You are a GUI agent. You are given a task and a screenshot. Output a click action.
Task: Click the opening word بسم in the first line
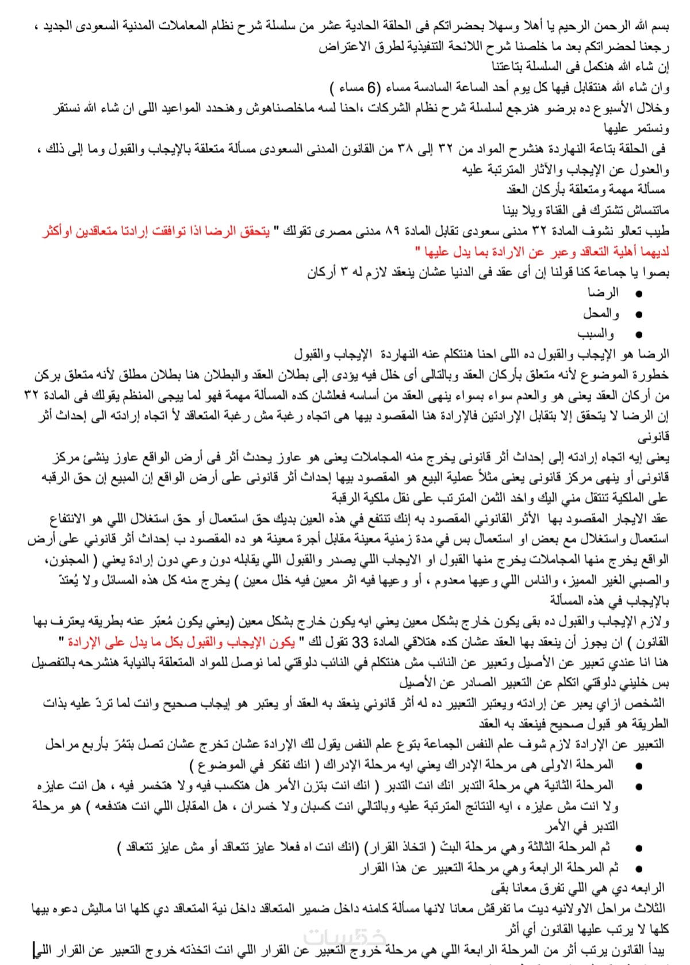pyautogui.click(x=660, y=26)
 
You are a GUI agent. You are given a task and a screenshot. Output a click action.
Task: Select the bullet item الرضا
pyautogui.click(x=603, y=293)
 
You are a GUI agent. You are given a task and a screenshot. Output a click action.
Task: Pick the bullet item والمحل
pyautogui.click(x=601, y=314)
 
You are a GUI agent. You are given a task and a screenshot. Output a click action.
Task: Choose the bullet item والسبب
pyautogui.click(x=596, y=334)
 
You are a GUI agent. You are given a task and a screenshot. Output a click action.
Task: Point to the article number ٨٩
pyautogui.click(x=392, y=231)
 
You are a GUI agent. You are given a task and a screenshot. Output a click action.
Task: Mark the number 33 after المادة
pyautogui.click(x=360, y=642)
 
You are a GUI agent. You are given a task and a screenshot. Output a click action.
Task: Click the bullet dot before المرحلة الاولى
pyautogui.click(x=639, y=766)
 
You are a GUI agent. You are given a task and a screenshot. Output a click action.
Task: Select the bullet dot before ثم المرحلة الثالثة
pyautogui.click(x=639, y=849)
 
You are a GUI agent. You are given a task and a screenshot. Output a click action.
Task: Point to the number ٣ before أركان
pyautogui.click(x=343, y=273)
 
